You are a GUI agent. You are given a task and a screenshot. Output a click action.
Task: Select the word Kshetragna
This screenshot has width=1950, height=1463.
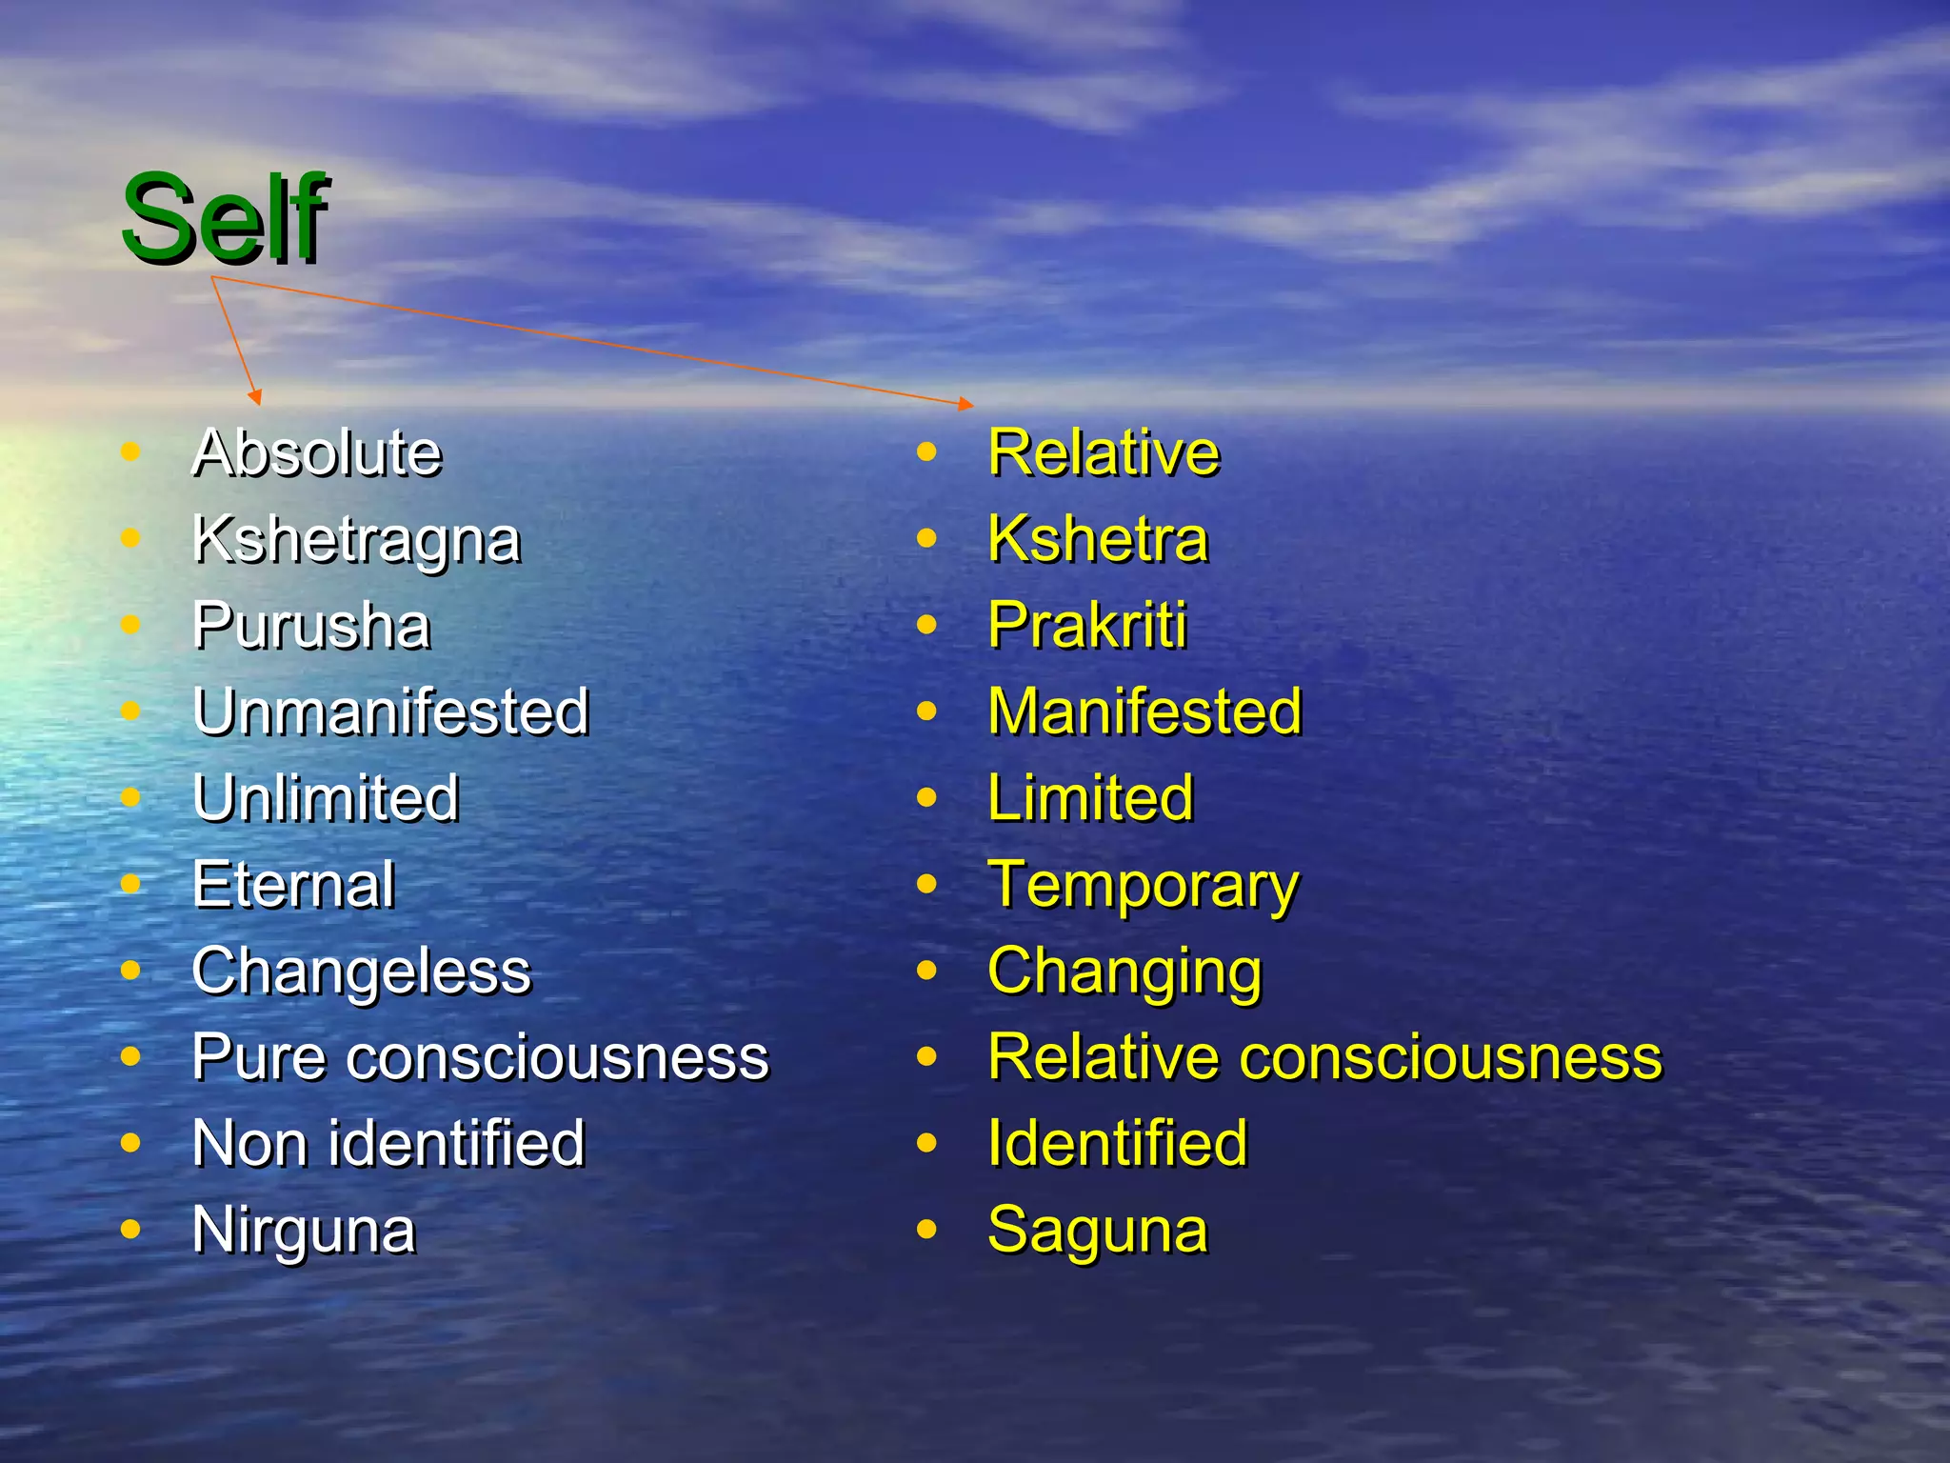tap(356, 540)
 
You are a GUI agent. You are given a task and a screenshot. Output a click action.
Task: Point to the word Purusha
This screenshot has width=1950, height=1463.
tap(311, 626)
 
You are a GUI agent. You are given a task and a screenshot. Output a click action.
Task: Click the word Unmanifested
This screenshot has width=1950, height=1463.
tap(390, 711)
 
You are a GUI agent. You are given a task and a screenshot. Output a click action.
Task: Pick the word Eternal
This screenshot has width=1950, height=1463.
tap(293, 885)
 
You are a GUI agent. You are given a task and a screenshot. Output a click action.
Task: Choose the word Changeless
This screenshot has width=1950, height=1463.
tap(361, 972)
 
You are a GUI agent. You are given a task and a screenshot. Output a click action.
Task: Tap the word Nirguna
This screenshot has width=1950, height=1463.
tap(304, 1231)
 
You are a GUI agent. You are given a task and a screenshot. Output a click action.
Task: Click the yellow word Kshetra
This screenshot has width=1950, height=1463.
tap(1098, 539)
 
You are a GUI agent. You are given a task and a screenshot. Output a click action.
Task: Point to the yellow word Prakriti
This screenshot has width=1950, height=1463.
tap(1087, 626)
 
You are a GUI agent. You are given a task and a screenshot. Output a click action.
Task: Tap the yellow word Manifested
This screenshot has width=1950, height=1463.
tap(1144, 711)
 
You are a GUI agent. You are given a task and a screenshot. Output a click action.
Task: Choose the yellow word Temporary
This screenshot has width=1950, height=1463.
tap(1143, 887)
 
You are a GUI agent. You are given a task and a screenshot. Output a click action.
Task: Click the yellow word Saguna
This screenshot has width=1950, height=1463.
tap(1098, 1231)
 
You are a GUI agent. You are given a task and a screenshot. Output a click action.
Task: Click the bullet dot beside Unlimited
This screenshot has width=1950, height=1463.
tap(131, 797)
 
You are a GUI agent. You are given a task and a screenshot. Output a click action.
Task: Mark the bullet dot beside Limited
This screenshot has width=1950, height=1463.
tap(926, 797)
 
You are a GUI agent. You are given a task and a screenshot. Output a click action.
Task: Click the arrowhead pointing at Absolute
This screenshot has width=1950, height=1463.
tap(254, 397)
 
